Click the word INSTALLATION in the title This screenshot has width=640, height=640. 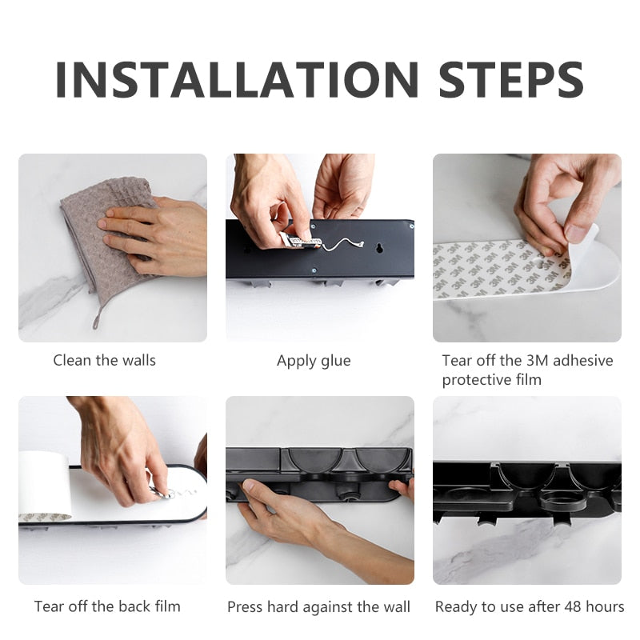point(237,79)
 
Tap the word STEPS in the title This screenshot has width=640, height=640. point(511,79)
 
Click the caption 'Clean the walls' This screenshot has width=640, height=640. point(105,361)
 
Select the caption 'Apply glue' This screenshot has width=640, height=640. point(314,362)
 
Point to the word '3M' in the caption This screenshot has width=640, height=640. point(538,361)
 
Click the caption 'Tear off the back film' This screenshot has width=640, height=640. point(107,606)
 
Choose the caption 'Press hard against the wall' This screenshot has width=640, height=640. point(318,607)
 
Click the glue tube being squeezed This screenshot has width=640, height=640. point(301,242)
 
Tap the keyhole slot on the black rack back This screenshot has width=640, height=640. point(379,247)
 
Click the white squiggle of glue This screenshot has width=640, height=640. point(342,244)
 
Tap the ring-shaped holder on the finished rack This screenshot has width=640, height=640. point(559,502)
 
